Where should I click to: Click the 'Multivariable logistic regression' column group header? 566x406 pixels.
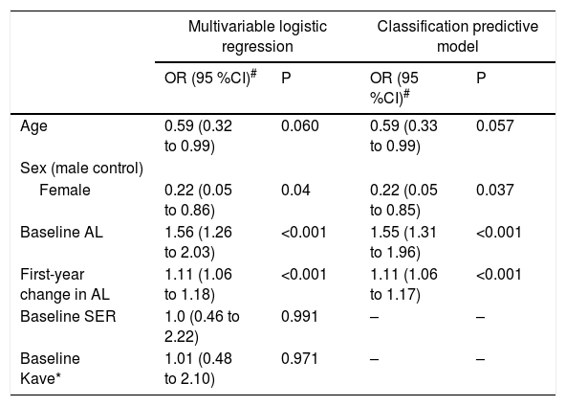[x=257, y=36]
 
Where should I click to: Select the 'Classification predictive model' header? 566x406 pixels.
[x=458, y=36]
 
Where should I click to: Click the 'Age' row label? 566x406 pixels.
[x=33, y=126]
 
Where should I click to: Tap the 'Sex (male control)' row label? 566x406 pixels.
[x=81, y=169]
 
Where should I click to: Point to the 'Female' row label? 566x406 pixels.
[x=65, y=190]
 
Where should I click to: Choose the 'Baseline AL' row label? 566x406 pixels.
[x=61, y=232]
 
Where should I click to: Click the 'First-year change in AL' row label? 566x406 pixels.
[x=65, y=284]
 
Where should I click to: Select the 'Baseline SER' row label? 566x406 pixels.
[x=68, y=316]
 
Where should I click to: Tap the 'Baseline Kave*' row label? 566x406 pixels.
[x=50, y=369]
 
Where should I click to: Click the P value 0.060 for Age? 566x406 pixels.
[x=299, y=126]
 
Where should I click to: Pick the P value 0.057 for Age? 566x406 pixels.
[x=494, y=126]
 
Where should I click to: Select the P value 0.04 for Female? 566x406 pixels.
[x=295, y=190]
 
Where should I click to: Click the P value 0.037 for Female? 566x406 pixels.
[x=494, y=190]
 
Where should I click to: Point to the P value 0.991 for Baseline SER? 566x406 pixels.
[x=299, y=316]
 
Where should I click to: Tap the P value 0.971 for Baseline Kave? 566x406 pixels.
[x=299, y=359]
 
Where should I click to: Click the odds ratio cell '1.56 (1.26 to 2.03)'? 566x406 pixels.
[x=198, y=242]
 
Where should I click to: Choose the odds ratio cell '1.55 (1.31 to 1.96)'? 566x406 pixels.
[x=403, y=242]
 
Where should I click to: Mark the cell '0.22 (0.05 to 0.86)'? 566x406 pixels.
[x=198, y=200]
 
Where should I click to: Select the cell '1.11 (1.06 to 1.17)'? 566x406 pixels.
[x=403, y=284]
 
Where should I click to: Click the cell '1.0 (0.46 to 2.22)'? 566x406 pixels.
[x=202, y=327]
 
